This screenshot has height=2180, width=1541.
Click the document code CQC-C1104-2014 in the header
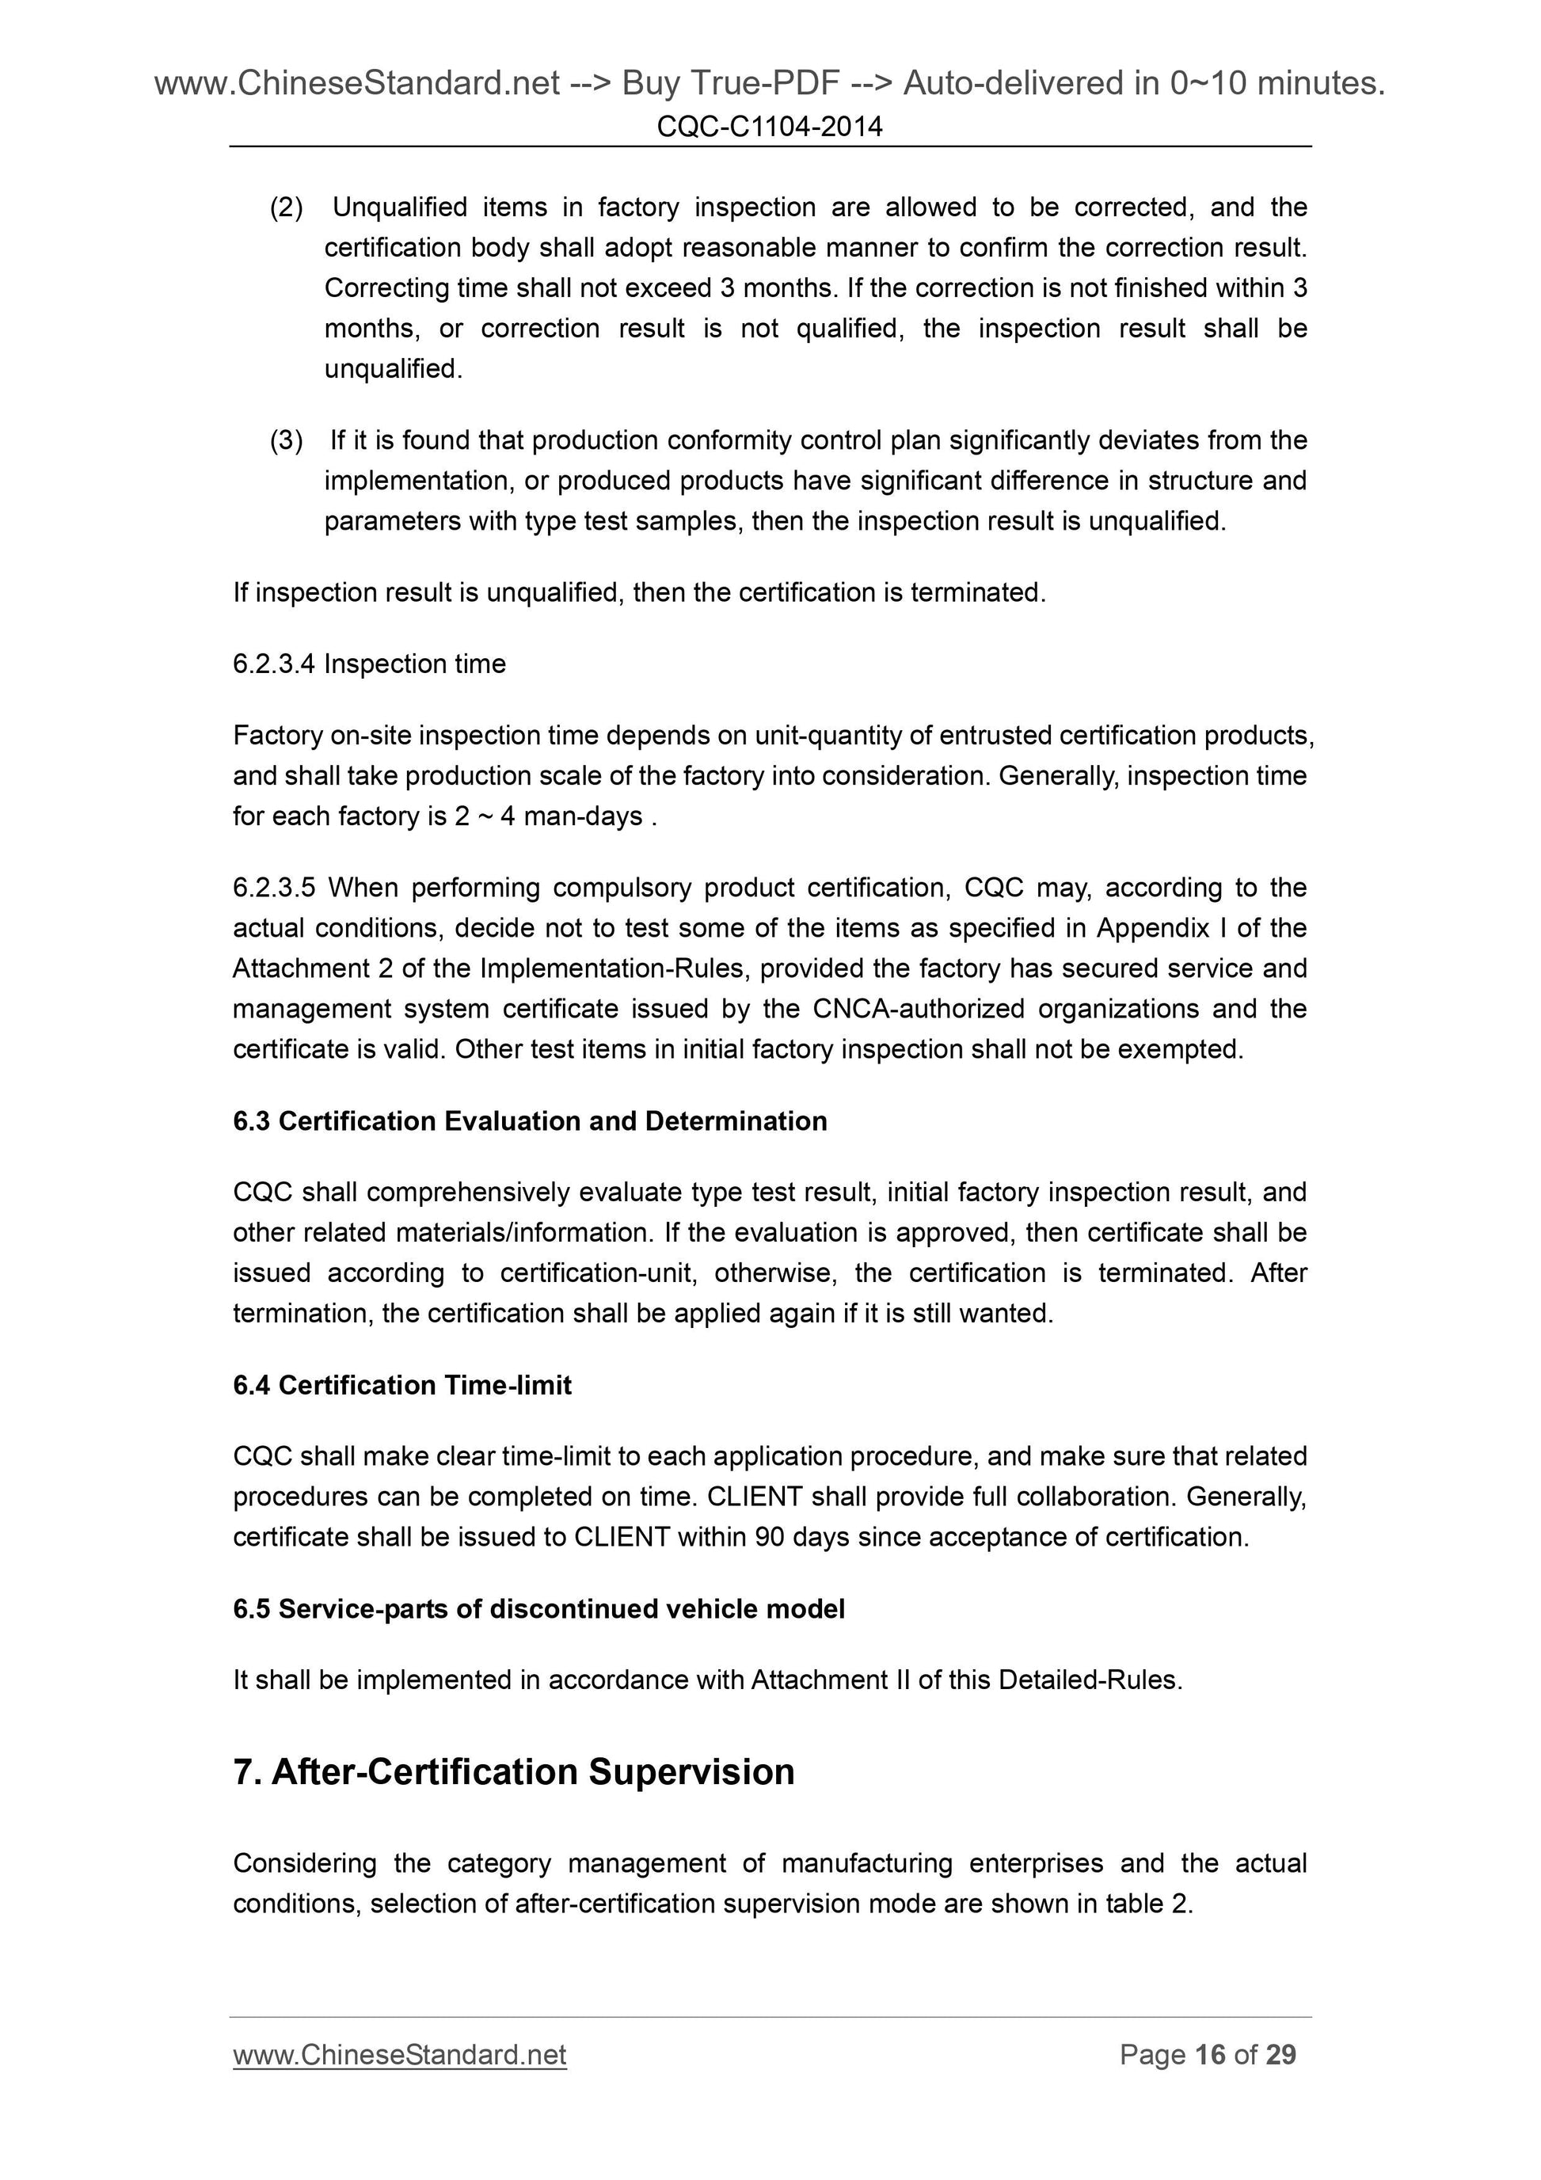click(x=769, y=126)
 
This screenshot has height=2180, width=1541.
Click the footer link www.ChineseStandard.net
click(x=400, y=2055)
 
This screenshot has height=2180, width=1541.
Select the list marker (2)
click(x=287, y=207)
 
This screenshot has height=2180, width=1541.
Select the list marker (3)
click(x=287, y=440)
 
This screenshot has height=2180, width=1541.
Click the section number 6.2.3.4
click(x=273, y=664)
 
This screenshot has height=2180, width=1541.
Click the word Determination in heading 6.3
click(x=736, y=1121)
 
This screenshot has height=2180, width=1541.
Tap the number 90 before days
click(x=769, y=1537)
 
